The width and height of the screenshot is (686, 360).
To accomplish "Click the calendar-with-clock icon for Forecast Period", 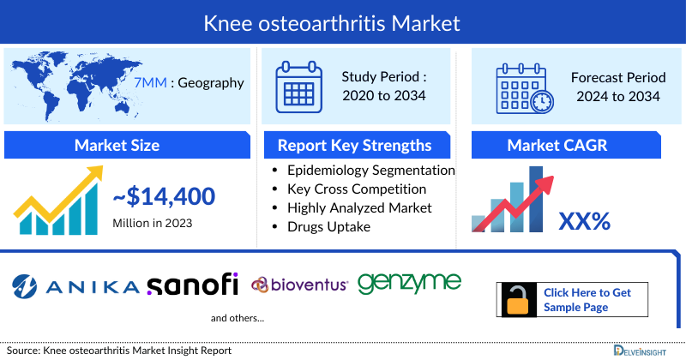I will pos(523,87).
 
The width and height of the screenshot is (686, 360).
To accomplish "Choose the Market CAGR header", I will pos(569,145).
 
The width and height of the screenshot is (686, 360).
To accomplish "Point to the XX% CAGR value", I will pos(584,221).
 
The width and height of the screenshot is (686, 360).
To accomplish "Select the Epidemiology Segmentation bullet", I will pos(370,171).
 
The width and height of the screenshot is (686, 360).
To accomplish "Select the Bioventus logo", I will pos(299,285).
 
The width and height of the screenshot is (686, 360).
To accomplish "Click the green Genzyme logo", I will pos(409,283).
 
